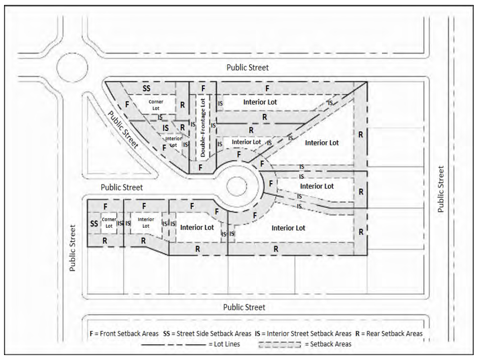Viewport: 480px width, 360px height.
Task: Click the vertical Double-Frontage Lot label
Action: click(x=202, y=128)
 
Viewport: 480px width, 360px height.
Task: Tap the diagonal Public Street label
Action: click(x=123, y=130)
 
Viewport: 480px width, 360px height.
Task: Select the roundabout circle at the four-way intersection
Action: click(x=72, y=67)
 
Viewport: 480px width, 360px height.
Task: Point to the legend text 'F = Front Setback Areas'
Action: click(x=124, y=333)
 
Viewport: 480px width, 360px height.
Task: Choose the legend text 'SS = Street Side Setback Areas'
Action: click(x=207, y=333)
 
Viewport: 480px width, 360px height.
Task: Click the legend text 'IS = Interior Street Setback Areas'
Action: click(x=303, y=333)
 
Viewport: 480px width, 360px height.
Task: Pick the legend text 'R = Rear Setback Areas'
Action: click(x=389, y=333)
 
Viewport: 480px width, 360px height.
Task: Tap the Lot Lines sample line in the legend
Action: click(x=174, y=345)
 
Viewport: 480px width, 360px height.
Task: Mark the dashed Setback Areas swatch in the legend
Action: click(x=279, y=345)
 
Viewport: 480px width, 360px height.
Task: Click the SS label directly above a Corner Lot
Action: click(x=146, y=89)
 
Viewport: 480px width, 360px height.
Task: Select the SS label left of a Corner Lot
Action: click(x=94, y=224)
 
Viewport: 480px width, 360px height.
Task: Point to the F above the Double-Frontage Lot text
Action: click(x=203, y=89)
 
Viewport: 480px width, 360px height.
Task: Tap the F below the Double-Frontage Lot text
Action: click(x=200, y=167)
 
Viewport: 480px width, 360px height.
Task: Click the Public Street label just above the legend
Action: click(x=244, y=307)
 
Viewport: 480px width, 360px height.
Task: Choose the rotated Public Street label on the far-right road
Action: click(x=440, y=189)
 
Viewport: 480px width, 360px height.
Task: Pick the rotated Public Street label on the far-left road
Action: click(x=72, y=248)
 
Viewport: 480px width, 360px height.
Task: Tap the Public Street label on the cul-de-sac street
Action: click(x=122, y=187)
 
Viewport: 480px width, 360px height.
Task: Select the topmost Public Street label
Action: click(x=247, y=67)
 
